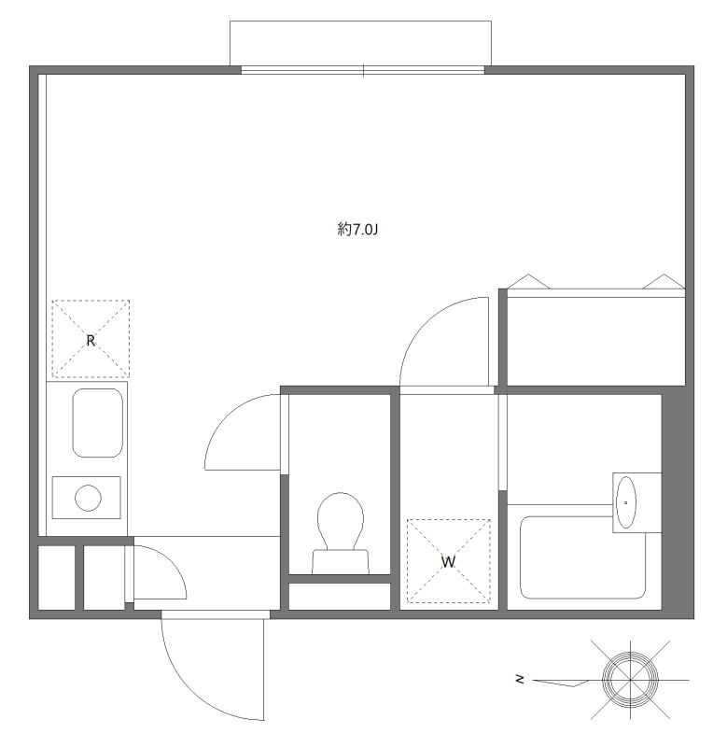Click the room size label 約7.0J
pyautogui.click(x=357, y=230)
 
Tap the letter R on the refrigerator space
pyautogui.click(x=91, y=341)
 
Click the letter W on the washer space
pyautogui.click(x=448, y=562)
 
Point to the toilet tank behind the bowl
pyautogui.click(x=341, y=562)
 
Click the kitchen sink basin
pyautogui.click(x=98, y=423)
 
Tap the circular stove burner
pyautogui.click(x=88, y=498)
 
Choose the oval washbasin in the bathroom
pyautogui.click(x=625, y=502)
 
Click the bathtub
pyautogui.click(x=582, y=557)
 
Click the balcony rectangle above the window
pyautogui.click(x=360, y=43)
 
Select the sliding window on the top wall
pyautogui.click(x=363, y=71)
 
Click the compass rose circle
pyautogui.click(x=630, y=680)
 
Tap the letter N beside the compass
pyautogui.click(x=520, y=680)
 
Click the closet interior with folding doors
pyautogui.click(x=595, y=341)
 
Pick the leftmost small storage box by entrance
pyautogui.click(x=57, y=577)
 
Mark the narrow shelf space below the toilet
pyautogui.click(x=340, y=597)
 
